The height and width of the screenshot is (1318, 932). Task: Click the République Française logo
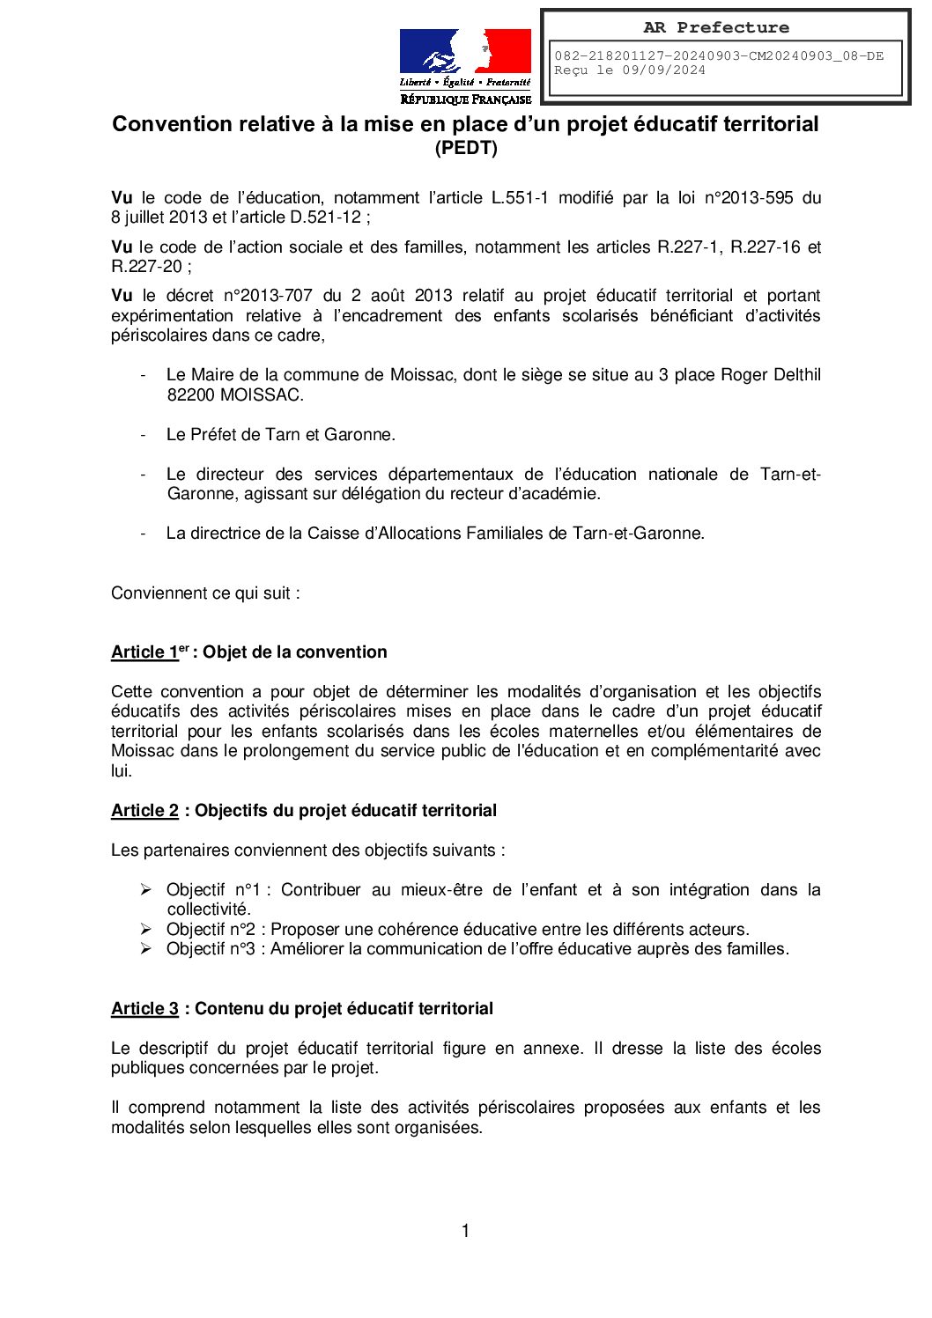(465, 66)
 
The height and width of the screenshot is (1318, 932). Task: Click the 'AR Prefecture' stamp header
(715, 27)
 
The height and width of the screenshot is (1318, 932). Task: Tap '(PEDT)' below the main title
(466, 148)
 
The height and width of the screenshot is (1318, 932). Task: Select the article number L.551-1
(519, 198)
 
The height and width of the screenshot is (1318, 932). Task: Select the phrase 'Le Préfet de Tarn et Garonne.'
(280, 435)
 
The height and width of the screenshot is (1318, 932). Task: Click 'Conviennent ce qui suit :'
(205, 593)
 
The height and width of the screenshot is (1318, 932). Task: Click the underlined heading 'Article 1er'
(150, 652)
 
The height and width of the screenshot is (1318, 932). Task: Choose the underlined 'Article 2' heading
(144, 811)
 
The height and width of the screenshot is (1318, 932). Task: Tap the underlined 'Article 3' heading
(144, 1009)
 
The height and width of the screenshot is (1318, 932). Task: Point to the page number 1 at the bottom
(465, 1231)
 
